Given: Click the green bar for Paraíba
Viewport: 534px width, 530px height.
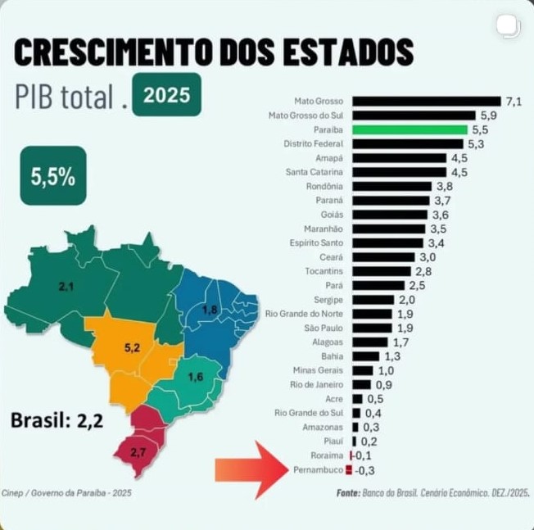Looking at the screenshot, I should (x=410, y=129).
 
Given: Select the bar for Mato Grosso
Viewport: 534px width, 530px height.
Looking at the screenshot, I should (x=426, y=102).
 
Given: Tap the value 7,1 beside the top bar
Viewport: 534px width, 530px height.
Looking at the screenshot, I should (x=514, y=102).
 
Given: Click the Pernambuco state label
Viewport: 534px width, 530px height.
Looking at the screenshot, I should (x=317, y=470).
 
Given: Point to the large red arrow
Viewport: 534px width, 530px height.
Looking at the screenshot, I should (x=249, y=469).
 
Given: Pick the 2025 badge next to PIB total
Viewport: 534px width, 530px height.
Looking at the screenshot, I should (x=166, y=94).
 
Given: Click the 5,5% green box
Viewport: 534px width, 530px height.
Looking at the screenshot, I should (x=53, y=175).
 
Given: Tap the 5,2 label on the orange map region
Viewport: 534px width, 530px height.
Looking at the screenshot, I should (x=132, y=348).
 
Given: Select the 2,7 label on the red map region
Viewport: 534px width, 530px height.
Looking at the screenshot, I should (x=138, y=452).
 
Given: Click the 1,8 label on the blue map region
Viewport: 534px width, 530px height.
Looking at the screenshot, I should (x=210, y=310).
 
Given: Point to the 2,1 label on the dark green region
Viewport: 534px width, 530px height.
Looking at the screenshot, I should (x=66, y=286).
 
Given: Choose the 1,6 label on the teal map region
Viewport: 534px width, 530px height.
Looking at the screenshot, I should (x=196, y=378).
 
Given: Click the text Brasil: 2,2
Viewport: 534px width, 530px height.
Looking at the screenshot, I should (x=57, y=421).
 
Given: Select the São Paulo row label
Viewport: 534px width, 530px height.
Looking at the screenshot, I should (x=323, y=328).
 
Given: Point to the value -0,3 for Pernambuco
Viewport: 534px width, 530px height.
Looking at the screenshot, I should (x=365, y=470).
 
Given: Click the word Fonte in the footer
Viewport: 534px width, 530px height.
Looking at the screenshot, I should (x=348, y=493).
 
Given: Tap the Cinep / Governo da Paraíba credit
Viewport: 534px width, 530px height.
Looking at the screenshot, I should (x=66, y=493).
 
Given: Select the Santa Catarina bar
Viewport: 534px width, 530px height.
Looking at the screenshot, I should (x=399, y=172).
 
